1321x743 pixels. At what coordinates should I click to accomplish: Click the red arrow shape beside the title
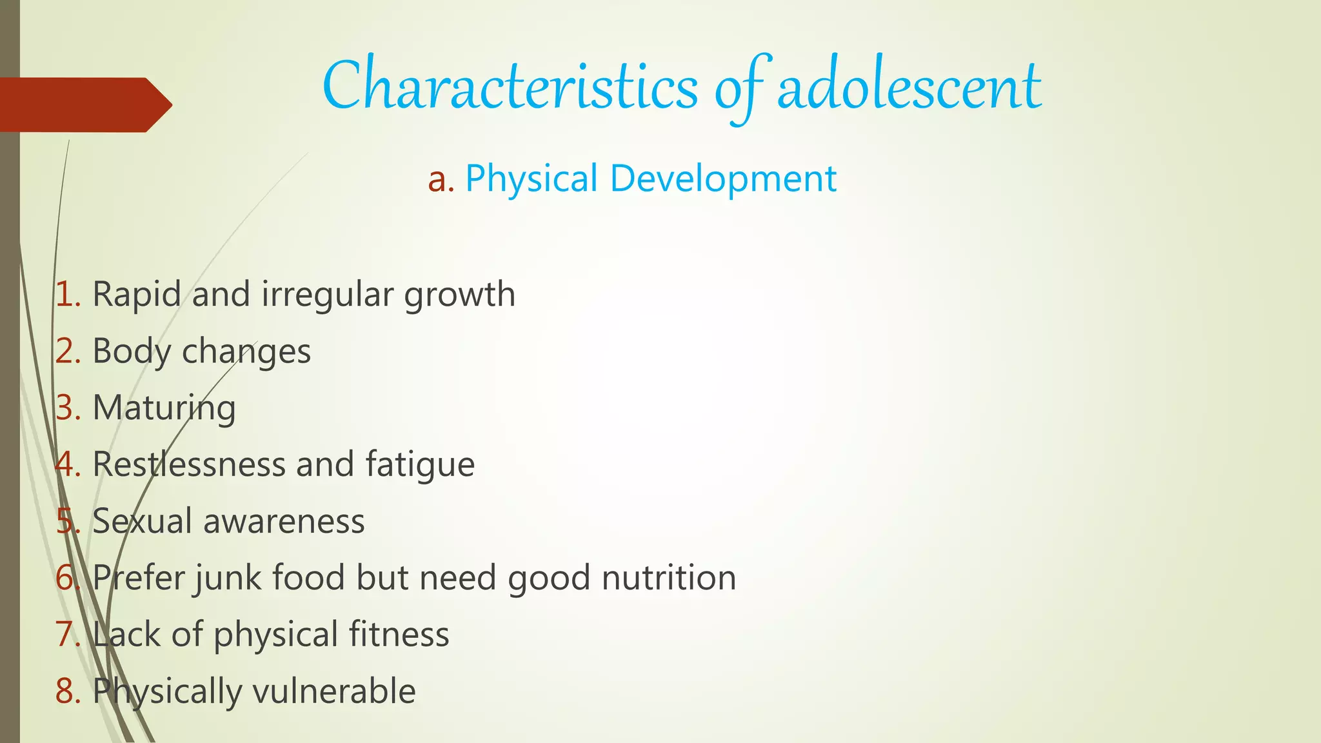click(84, 105)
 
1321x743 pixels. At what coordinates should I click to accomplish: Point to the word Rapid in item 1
click(136, 295)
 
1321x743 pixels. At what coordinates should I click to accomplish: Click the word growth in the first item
click(459, 295)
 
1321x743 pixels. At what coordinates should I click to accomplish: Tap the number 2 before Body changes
click(65, 352)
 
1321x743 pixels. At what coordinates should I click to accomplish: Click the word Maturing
click(164, 408)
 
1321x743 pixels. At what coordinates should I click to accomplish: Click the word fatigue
click(420, 465)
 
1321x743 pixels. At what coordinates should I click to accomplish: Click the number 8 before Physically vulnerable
click(65, 691)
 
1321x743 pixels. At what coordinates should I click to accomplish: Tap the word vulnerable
click(333, 691)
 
